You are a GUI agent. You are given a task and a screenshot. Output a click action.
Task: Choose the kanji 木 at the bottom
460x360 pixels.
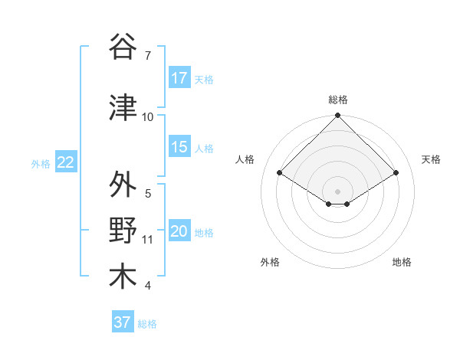click(123, 277)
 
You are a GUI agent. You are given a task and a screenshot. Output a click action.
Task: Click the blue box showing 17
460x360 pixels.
click(179, 78)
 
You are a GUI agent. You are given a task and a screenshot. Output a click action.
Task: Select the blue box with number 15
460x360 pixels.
click(179, 148)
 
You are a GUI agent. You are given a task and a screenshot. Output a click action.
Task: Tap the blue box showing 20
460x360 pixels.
click(179, 231)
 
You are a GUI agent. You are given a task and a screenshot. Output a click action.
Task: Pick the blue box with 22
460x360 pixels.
click(65, 162)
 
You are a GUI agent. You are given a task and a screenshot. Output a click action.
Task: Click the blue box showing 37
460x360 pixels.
click(122, 322)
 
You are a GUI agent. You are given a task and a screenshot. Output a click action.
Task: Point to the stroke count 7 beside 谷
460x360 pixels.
click(147, 55)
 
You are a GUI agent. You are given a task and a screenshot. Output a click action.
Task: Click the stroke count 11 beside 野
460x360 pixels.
click(148, 240)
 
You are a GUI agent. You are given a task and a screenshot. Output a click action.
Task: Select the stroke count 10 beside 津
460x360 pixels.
click(148, 117)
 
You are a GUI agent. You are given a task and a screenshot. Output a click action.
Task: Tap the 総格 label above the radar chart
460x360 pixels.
click(338, 100)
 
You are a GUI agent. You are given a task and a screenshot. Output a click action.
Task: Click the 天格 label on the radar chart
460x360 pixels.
click(431, 159)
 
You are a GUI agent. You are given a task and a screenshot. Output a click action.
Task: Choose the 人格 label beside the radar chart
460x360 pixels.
click(245, 159)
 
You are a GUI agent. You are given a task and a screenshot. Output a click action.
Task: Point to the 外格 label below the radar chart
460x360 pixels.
click(270, 262)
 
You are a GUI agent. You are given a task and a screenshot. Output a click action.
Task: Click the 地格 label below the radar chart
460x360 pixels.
click(402, 262)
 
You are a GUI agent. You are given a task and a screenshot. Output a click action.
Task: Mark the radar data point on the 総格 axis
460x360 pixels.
click(337, 116)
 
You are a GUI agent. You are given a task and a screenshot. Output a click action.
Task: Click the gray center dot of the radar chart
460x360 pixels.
click(337, 190)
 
